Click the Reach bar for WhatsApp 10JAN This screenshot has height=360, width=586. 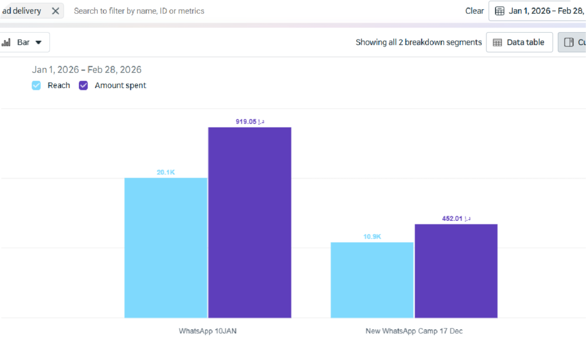[x=166, y=247]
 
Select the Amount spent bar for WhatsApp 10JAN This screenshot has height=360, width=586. [x=250, y=222]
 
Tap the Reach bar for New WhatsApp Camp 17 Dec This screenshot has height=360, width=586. [x=372, y=280]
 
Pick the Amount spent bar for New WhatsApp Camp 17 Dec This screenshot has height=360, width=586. [x=456, y=271]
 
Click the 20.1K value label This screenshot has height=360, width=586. [x=166, y=172]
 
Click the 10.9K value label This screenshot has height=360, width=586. [x=372, y=236]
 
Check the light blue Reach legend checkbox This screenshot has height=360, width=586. [x=37, y=85]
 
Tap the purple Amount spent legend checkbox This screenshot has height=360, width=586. [x=84, y=85]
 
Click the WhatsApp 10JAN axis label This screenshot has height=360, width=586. [x=208, y=331]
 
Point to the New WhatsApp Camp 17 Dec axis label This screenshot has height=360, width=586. [x=414, y=331]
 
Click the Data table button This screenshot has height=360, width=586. [x=519, y=42]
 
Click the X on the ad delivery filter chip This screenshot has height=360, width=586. [x=55, y=11]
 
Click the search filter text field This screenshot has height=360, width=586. [x=229, y=11]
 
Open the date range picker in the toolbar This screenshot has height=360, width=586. [x=538, y=11]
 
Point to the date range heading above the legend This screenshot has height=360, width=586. [x=87, y=70]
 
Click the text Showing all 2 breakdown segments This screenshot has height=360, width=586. [x=418, y=42]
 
